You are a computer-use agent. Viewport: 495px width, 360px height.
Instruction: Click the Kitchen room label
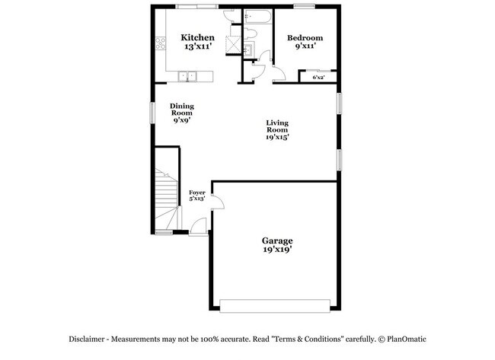click(x=198, y=37)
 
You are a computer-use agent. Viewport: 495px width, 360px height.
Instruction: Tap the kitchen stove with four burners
click(x=161, y=43)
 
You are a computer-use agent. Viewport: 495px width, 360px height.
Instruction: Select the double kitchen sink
click(x=187, y=76)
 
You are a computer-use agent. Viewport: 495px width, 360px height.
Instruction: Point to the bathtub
click(x=258, y=17)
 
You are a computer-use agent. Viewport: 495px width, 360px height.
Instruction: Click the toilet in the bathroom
click(x=251, y=33)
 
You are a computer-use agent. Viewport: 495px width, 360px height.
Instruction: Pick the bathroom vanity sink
click(x=248, y=49)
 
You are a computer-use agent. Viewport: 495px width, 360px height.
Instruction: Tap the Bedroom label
click(x=305, y=38)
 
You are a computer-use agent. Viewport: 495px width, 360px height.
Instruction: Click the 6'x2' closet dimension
click(x=318, y=78)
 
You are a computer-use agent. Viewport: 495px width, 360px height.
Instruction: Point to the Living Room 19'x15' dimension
click(x=277, y=137)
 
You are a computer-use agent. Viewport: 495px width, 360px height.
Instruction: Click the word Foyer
click(x=197, y=193)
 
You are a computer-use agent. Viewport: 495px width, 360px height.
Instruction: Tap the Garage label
click(x=277, y=241)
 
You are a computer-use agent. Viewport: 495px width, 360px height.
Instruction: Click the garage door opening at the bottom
click(x=275, y=306)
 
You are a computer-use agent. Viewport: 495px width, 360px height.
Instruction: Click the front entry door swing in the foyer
click(x=199, y=226)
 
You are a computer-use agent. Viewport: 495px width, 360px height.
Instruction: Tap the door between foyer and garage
click(x=218, y=201)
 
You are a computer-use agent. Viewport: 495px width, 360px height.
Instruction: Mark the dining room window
click(x=152, y=113)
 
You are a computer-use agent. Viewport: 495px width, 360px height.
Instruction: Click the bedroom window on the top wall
click(x=304, y=5)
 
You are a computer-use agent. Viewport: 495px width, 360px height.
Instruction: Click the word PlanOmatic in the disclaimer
click(x=407, y=339)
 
